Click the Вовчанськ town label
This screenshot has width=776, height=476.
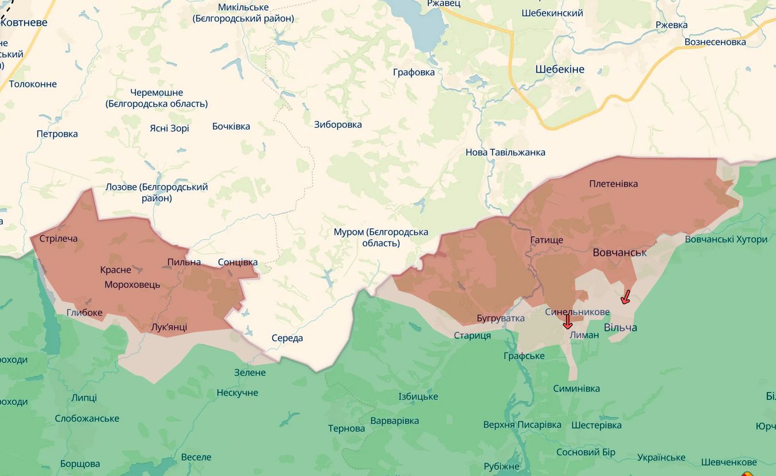tap(619, 252)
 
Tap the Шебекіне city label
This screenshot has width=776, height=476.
tap(560, 69)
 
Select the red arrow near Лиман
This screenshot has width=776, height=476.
tap(567, 322)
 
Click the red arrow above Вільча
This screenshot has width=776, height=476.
tap(626, 296)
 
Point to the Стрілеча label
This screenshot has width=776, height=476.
tap(59, 239)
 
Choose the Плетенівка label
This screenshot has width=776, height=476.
tap(613, 184)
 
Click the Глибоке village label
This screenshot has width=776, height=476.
tap(84, 313)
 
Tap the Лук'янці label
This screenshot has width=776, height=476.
tap(169, 327)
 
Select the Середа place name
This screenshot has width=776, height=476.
tap(287, 338)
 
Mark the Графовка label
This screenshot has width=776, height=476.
tap(414, 72)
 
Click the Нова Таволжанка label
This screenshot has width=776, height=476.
tap(505, 152)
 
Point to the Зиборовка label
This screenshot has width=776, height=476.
tap(338, 124)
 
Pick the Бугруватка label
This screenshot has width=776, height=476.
tap(500, 318)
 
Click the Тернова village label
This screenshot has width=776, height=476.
tap(346, 428)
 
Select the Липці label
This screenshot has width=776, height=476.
tap(84, 397)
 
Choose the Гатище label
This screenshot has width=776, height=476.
tap(546, 240)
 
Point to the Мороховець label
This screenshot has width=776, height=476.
tap(132, 284)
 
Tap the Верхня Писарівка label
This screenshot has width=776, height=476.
tap(522, 425)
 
